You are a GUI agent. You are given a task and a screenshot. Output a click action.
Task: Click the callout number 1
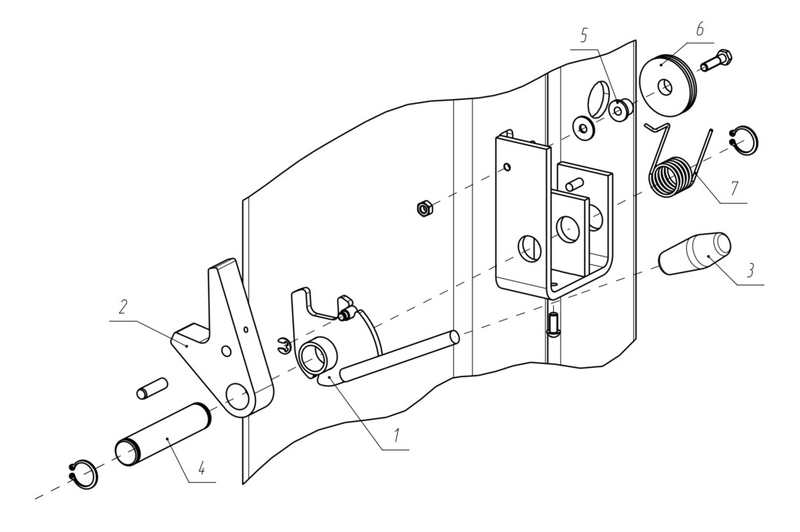(x=395, y=435)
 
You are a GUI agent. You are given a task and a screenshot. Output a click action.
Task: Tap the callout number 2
(x=122, y=307)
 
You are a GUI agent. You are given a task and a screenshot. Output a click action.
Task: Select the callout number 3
(x=750, y=270)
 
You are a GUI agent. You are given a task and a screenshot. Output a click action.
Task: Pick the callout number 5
(x=584, y=35)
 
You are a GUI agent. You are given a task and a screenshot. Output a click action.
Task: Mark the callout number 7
(x=734, y=189)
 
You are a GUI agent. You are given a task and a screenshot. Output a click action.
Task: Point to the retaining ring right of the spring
(x=745, y=139)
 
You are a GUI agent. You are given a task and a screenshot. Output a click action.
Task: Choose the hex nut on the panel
(x=425, y=209)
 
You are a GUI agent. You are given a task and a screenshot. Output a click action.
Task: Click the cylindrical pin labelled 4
(x=163, y=433)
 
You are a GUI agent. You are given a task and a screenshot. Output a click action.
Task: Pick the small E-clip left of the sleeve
(x=283, y=346)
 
